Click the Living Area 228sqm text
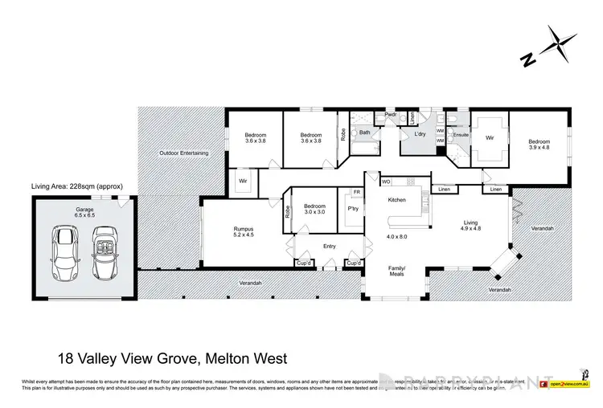point(76,186)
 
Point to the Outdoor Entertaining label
point(183,153)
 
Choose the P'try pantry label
point(351,208)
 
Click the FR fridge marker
point(356,192)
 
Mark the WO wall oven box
point(385,182)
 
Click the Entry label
point(330,247)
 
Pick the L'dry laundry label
point(420,134)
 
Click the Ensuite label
point(460,135)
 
